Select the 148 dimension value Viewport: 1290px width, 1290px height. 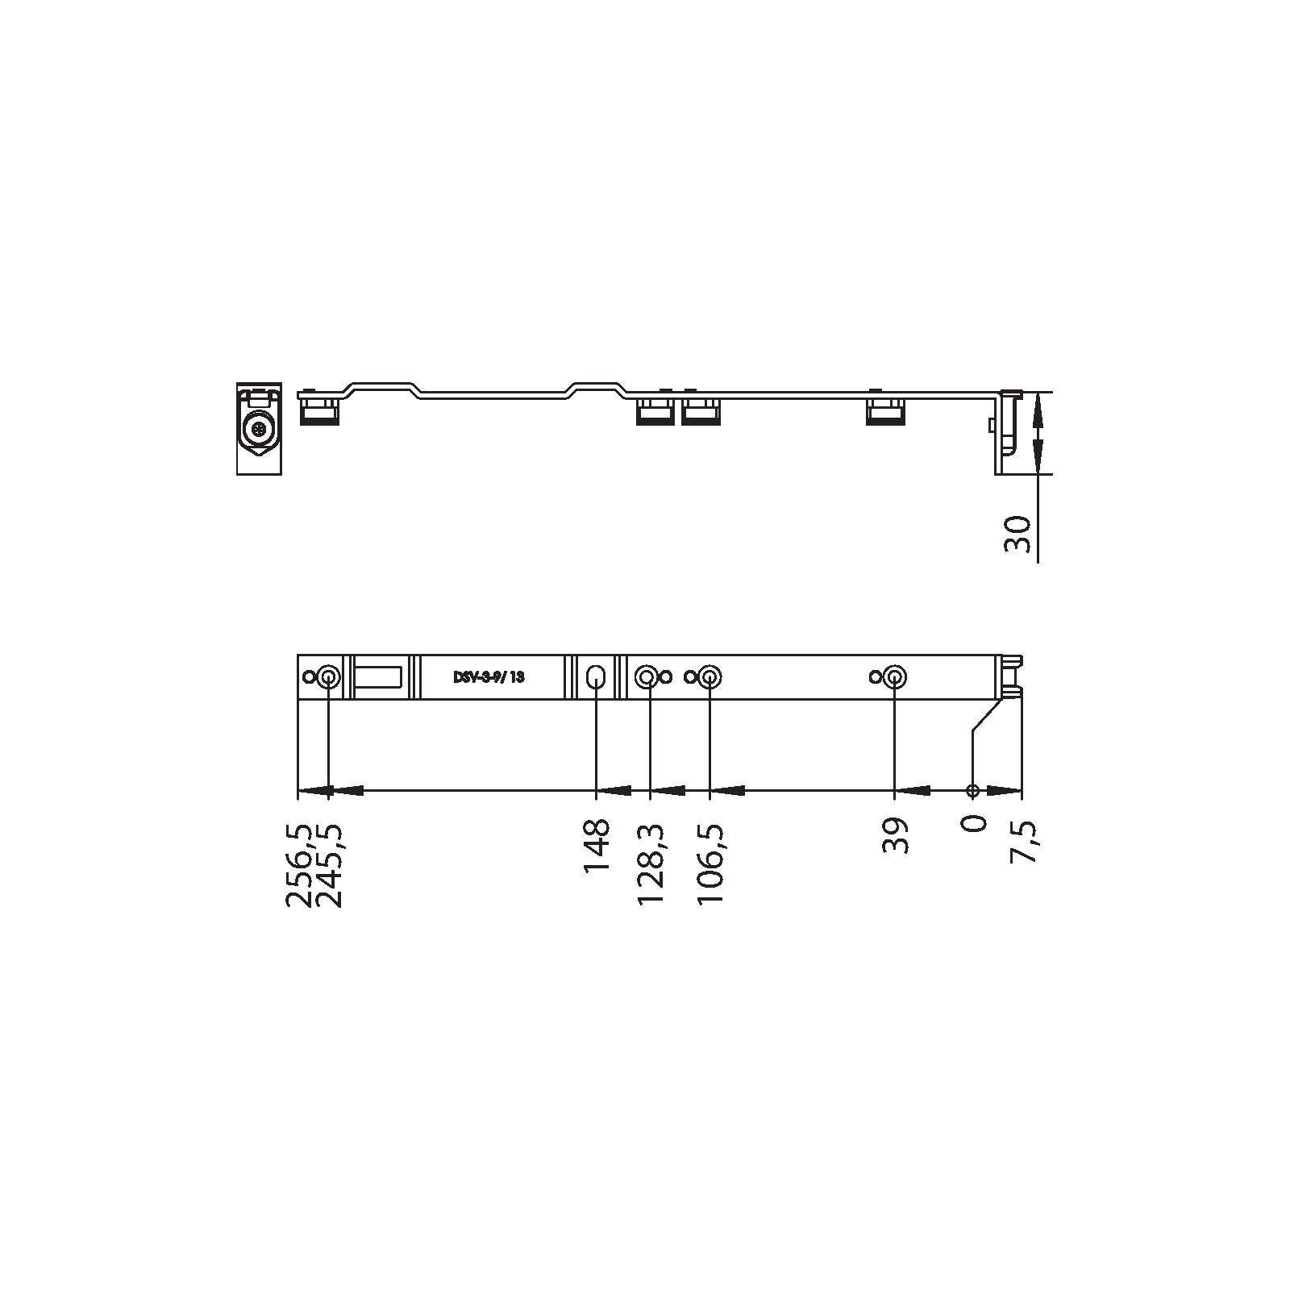pos(597,846)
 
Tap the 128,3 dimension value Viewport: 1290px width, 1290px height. pos(651,863)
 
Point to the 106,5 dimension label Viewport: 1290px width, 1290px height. pos(710,863)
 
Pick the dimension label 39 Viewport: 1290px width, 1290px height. pos(896,836)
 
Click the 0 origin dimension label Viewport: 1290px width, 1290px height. pos(974,824)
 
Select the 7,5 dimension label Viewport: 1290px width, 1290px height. pos(1025,842)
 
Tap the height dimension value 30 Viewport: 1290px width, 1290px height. pos(1018,535)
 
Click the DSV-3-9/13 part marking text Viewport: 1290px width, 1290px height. pos(489,677)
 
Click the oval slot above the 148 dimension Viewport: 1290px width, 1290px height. pos(597,677)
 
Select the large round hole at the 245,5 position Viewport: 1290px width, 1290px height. pos(328,677)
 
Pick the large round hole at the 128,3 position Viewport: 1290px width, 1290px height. pos(647,677)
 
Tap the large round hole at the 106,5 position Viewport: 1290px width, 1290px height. pos(709,677)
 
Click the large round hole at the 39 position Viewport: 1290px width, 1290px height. pos(894,677)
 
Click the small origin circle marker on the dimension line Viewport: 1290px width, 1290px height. pos(973,790)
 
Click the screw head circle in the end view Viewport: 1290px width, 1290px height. pos(260,428)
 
